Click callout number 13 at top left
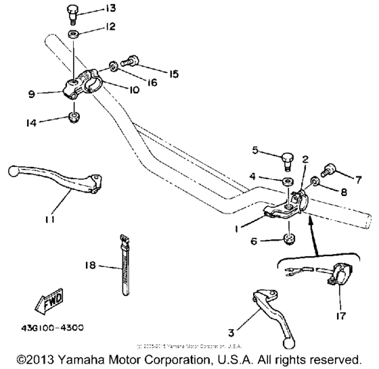[110, 9]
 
